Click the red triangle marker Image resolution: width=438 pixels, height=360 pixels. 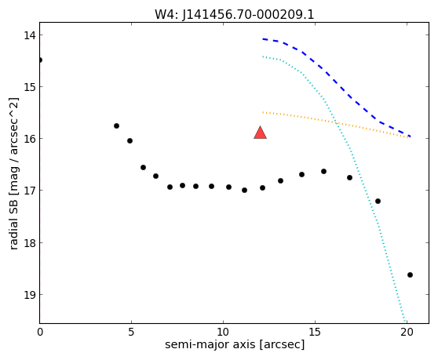(260, 133)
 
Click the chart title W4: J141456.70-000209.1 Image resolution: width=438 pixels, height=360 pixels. (235, 15)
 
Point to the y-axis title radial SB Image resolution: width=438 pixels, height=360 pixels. (13, 217)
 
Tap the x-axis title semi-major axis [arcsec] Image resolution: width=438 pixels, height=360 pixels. (235, 344)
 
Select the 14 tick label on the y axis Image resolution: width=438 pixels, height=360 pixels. (29, 35)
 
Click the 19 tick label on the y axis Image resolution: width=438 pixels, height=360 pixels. (29, 295)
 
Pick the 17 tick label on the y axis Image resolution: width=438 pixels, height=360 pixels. (29, 191)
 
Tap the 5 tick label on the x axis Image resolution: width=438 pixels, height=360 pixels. (131, 332)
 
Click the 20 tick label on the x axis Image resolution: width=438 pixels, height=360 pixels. (407, 332)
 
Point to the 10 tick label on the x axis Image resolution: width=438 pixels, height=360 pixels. (223, 332)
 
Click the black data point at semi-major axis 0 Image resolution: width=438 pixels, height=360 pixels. (40, 60)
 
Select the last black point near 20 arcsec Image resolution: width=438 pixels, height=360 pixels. (410, 275)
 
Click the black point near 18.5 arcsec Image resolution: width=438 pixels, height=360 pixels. (378, 201)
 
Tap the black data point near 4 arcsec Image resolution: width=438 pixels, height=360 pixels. (116, 125)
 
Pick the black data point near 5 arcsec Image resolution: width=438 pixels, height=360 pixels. (130, 140)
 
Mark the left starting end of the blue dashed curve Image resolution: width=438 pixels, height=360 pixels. (263, 39)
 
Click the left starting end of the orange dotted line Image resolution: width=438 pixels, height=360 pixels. (263, 112)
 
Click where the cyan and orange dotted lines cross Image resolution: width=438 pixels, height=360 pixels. (336, 122)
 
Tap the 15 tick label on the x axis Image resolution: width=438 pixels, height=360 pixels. (315, 332)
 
